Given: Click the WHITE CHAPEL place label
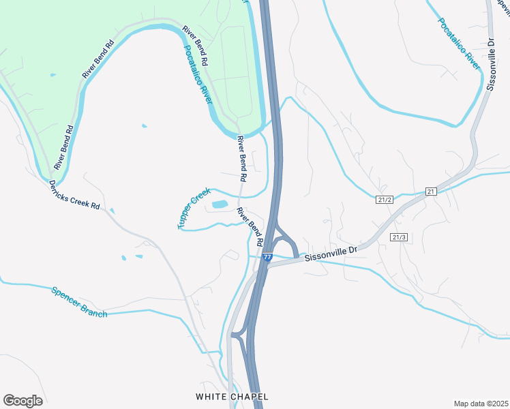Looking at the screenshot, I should point(232,397).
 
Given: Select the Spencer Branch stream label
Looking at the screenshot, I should point(79,302).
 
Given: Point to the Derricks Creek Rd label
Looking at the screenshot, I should point(75,196).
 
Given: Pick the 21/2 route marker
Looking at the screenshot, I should point(385,200).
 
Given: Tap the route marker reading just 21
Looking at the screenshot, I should point(430,192).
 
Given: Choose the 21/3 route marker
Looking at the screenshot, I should point(400,237).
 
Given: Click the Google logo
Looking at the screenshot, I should point(22,401).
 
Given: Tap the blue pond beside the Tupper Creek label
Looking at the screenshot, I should point(220,204).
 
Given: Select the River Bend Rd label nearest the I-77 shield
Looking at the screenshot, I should point(250,226).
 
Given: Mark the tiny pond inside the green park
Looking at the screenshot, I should point(52,74).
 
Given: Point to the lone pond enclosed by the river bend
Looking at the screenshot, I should point(143,125).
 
